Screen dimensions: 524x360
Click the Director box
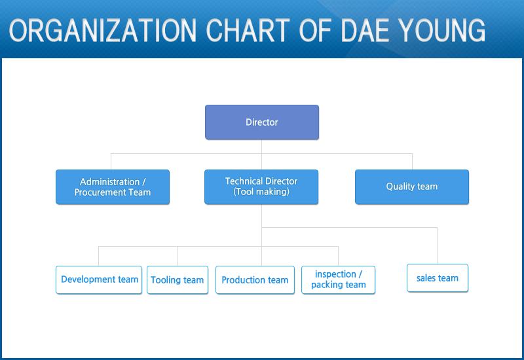261,122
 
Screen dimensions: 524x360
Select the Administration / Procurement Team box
113,187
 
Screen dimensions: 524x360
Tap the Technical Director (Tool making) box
261,187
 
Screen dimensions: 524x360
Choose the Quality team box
412,187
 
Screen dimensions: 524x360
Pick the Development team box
99,280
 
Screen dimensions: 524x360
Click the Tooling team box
178,280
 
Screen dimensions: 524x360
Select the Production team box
255,280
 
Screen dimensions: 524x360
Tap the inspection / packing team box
338,280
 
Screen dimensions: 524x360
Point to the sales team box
438,278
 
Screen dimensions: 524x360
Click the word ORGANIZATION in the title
103,30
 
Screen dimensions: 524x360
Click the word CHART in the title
248,30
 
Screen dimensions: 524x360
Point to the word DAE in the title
365,30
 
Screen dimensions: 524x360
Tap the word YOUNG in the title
441,30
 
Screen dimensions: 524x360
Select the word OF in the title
315,30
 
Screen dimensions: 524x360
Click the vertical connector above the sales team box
437,246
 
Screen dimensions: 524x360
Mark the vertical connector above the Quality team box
412,162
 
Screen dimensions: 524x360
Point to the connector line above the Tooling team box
177,256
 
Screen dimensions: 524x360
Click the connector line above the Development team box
99,256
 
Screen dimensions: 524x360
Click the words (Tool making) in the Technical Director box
261,192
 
